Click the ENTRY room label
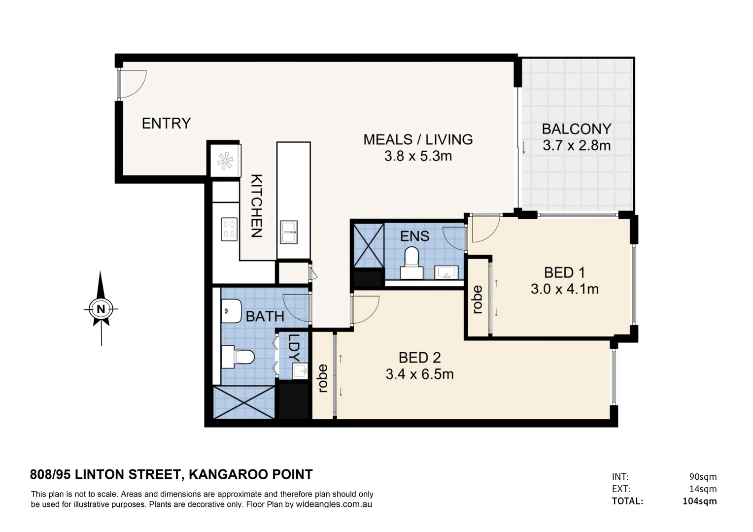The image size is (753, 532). pos(166,123)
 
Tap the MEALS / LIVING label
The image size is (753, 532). pos(418,139)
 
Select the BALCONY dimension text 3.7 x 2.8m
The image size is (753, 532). pos(576,146)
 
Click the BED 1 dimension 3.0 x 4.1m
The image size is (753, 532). pos(564,289)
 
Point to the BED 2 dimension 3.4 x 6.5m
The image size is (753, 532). pos(419,374)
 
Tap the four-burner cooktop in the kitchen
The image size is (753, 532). pos(229,229)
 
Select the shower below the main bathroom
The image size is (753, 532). pos(244,402)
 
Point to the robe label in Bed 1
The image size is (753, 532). pos(477,299)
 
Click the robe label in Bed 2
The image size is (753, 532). pos(323,378)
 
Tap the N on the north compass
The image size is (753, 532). pos(101,309)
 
